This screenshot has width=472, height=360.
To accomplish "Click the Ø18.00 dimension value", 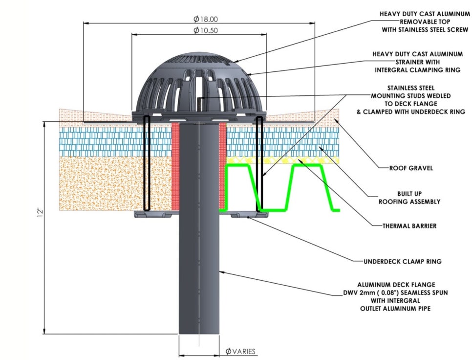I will coord(205,19).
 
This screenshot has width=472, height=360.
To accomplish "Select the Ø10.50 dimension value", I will coord(205,30).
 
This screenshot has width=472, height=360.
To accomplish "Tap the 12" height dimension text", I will coord(43,213).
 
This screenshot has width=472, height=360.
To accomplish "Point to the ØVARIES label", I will coord(240,351).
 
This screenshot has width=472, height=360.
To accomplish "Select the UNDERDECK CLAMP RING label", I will coord(402,261).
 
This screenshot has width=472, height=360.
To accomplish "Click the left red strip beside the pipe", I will coord(175,166).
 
